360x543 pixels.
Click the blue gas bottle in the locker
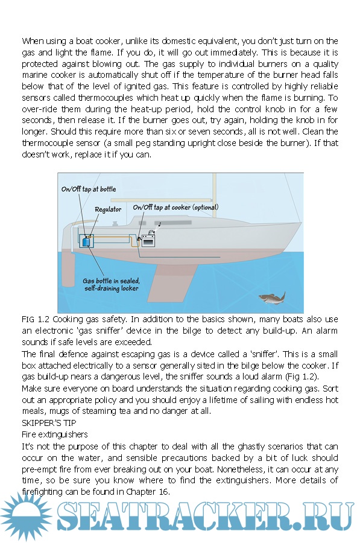click(x=86, y=241)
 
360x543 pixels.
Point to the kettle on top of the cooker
click(x=151, y=232)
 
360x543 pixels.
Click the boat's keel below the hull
click(x=173, y=281)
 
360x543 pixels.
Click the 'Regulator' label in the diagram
click(x=108, y=209)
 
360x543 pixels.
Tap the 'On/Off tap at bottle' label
click(x=89, y=189)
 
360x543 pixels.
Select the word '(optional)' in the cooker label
click(x=206, y=207)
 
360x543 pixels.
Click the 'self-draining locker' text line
click(x=111, y=288)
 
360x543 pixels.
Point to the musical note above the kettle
click(x=159, y=224)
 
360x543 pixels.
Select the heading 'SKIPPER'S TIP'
click(x=49, y=423)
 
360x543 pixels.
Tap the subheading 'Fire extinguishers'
click(x=55, y=434)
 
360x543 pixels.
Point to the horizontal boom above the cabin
click(x=161, y=200)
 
